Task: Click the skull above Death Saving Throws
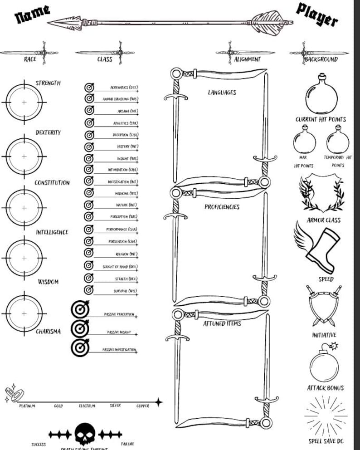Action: [x=84, y=434]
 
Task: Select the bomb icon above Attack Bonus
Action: [x=324, y=362]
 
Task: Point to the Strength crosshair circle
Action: [x=24, y=103]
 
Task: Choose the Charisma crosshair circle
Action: [x=24, y=313]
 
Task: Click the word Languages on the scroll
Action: [x=222, y=93]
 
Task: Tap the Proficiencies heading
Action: [x=222, y=207]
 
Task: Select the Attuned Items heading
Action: [x=222, y=323]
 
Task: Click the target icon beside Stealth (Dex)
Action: [x=89, y=278]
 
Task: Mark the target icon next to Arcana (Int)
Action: [x=89, y=110]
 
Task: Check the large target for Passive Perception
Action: [x=80, y=310]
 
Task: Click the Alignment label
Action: [x=247, y=59]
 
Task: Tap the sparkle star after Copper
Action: [x=158, y=401]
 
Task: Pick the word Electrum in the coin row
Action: [x=87, y=406]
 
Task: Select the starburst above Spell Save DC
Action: [x=326, y=415]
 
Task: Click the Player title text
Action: [x=317, y=15]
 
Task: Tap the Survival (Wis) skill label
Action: [x=126, y=291]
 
